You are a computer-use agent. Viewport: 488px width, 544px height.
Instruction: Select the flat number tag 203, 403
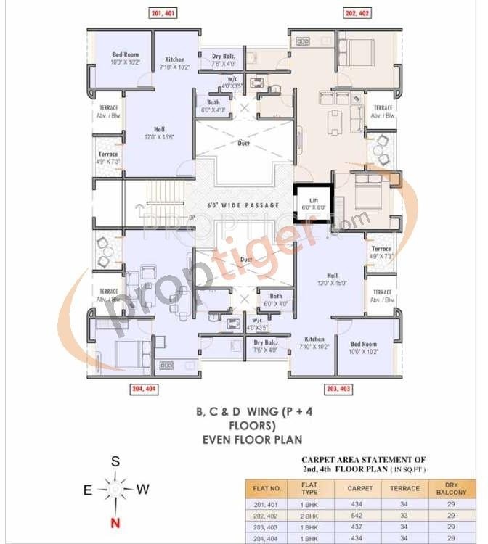click(338, 390)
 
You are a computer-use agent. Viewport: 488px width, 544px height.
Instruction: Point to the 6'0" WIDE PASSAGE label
click(243, 205)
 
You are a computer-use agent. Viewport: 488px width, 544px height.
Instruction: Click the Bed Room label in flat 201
click(125, 55)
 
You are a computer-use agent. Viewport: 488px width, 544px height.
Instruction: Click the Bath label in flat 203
click(276, 296)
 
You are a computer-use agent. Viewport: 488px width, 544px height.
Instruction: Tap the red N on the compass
click(113, 522)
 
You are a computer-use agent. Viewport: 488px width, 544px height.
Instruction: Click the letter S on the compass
click(115, 461)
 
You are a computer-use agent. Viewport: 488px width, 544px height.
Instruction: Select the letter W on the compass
click(143, 489)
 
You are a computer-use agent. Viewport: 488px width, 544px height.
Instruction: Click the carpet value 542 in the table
click(360, 514)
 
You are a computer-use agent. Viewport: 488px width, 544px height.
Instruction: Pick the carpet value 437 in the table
click(360, 526)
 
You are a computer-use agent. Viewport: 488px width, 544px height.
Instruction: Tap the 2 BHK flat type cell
click(310, 514)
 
